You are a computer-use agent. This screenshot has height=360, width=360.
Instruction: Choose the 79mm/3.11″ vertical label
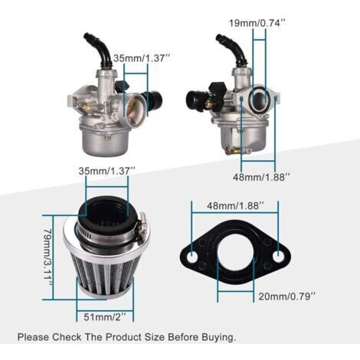point(47,257)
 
